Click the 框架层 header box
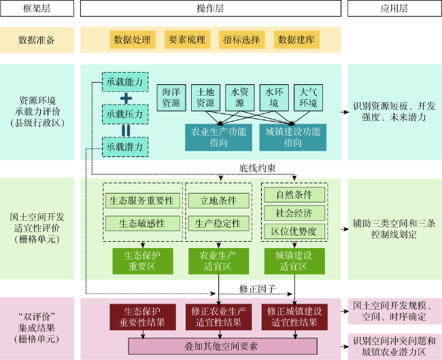[37, 9]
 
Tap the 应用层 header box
[394, 9]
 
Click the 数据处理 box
[132, 39]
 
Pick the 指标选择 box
[241, 39]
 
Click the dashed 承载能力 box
[125, 82]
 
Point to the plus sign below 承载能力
[125, 98]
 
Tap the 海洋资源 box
[171, 98]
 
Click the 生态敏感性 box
[143, 223]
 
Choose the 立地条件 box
[218, 201]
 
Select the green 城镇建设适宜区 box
[294, 261]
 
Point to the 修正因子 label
[257, 288]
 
